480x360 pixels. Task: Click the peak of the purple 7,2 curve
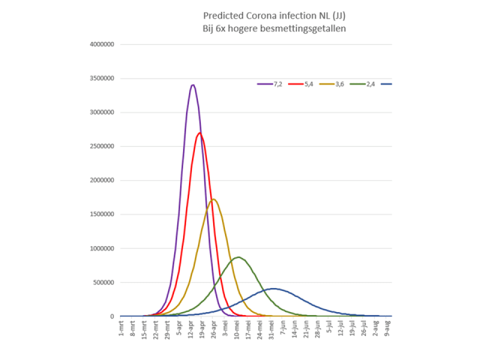pos(193,85)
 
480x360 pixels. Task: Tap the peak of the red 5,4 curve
pos(199,133)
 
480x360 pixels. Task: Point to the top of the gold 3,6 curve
pos(214,199)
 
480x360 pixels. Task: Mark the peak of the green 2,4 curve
pos(238,257)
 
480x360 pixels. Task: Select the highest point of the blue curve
pos(273,289)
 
